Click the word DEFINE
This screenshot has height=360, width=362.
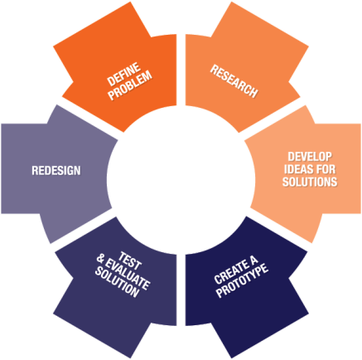pyautogui.click(x=123, y=74)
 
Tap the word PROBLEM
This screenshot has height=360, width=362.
pyautogui.click(x=130, y=85)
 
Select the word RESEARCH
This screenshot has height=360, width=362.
pyautogui.click(x=234, y=81)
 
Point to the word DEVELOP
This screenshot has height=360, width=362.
pyautogui.click(x=310, y=157)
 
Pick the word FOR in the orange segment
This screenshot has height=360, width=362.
pyautogui.click(x=326, y=169)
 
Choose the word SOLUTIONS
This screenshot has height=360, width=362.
pyautogui.click(x=310, y=182)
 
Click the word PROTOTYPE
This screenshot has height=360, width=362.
pyautogui.click(x=242, y=280)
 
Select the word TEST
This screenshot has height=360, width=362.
pyautogui.click(x=130, y=260)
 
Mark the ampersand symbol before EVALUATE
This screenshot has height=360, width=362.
pyautogui.click(x=100, y=259)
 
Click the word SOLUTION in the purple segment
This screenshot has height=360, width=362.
pyautogui.click(x=117, y=283)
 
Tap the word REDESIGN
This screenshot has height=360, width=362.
pyautogui.click(x=56, y=170)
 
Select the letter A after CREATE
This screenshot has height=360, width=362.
pyautogui.click(x=253, y=260)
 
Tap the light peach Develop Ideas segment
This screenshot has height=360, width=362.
pyautogui.click(x=306, y=172)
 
